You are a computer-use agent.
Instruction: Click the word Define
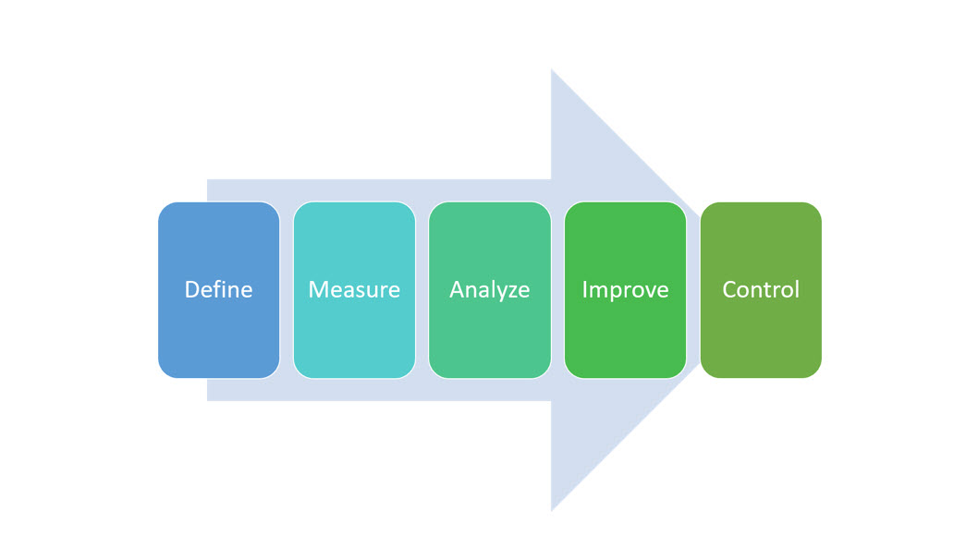(218, 289)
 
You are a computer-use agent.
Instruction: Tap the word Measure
(354, 289)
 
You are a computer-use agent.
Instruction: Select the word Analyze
(489, 289)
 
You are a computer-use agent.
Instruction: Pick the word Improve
(625, 289)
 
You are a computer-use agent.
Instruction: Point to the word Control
(761, 289)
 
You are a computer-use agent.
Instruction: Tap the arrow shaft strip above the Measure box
(354, 189)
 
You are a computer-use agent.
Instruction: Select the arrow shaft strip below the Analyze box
(489, 389)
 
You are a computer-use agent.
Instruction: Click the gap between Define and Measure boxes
(287, 289)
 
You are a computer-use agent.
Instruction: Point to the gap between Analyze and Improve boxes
(557, 289)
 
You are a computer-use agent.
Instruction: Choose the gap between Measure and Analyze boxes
(422, 289)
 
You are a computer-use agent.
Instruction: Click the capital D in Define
(191, 289)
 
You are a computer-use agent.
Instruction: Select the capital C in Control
(729, 289)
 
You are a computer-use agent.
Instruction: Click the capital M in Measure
(319, 289)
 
